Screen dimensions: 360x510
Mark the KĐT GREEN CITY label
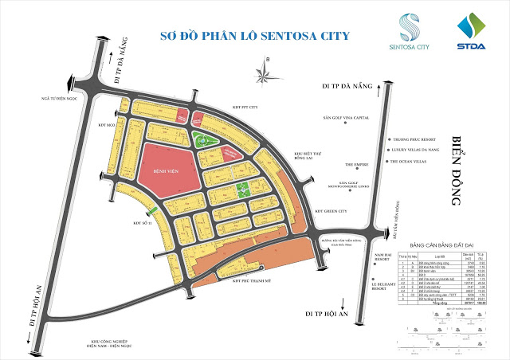332,211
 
